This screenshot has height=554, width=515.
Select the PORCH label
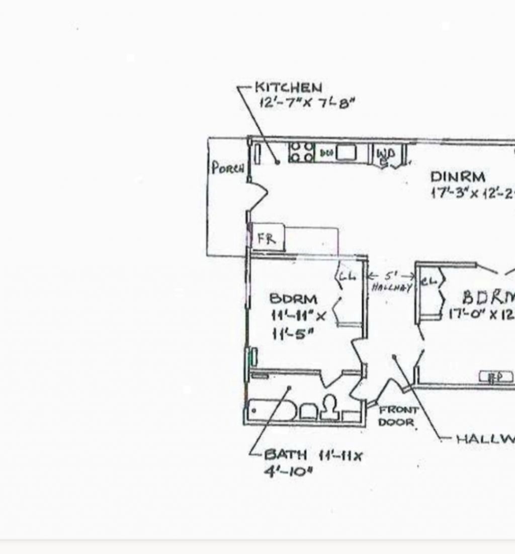[228, 167]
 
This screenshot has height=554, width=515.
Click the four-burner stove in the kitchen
[301, 152]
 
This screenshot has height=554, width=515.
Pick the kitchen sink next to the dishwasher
[346, 152]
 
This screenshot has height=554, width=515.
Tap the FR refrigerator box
[267, 239]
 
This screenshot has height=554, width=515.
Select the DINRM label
[458, 177]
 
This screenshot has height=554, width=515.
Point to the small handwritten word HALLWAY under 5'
[392, 288]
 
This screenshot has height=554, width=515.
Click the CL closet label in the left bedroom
[347, 276]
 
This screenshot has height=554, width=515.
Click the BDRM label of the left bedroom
[294, 299]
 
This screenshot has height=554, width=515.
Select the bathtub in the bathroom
[271, 410]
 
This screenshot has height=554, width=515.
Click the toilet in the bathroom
[329, 408]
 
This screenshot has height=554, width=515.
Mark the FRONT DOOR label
[398, 416]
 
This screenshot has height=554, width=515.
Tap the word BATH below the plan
[285, 455]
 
